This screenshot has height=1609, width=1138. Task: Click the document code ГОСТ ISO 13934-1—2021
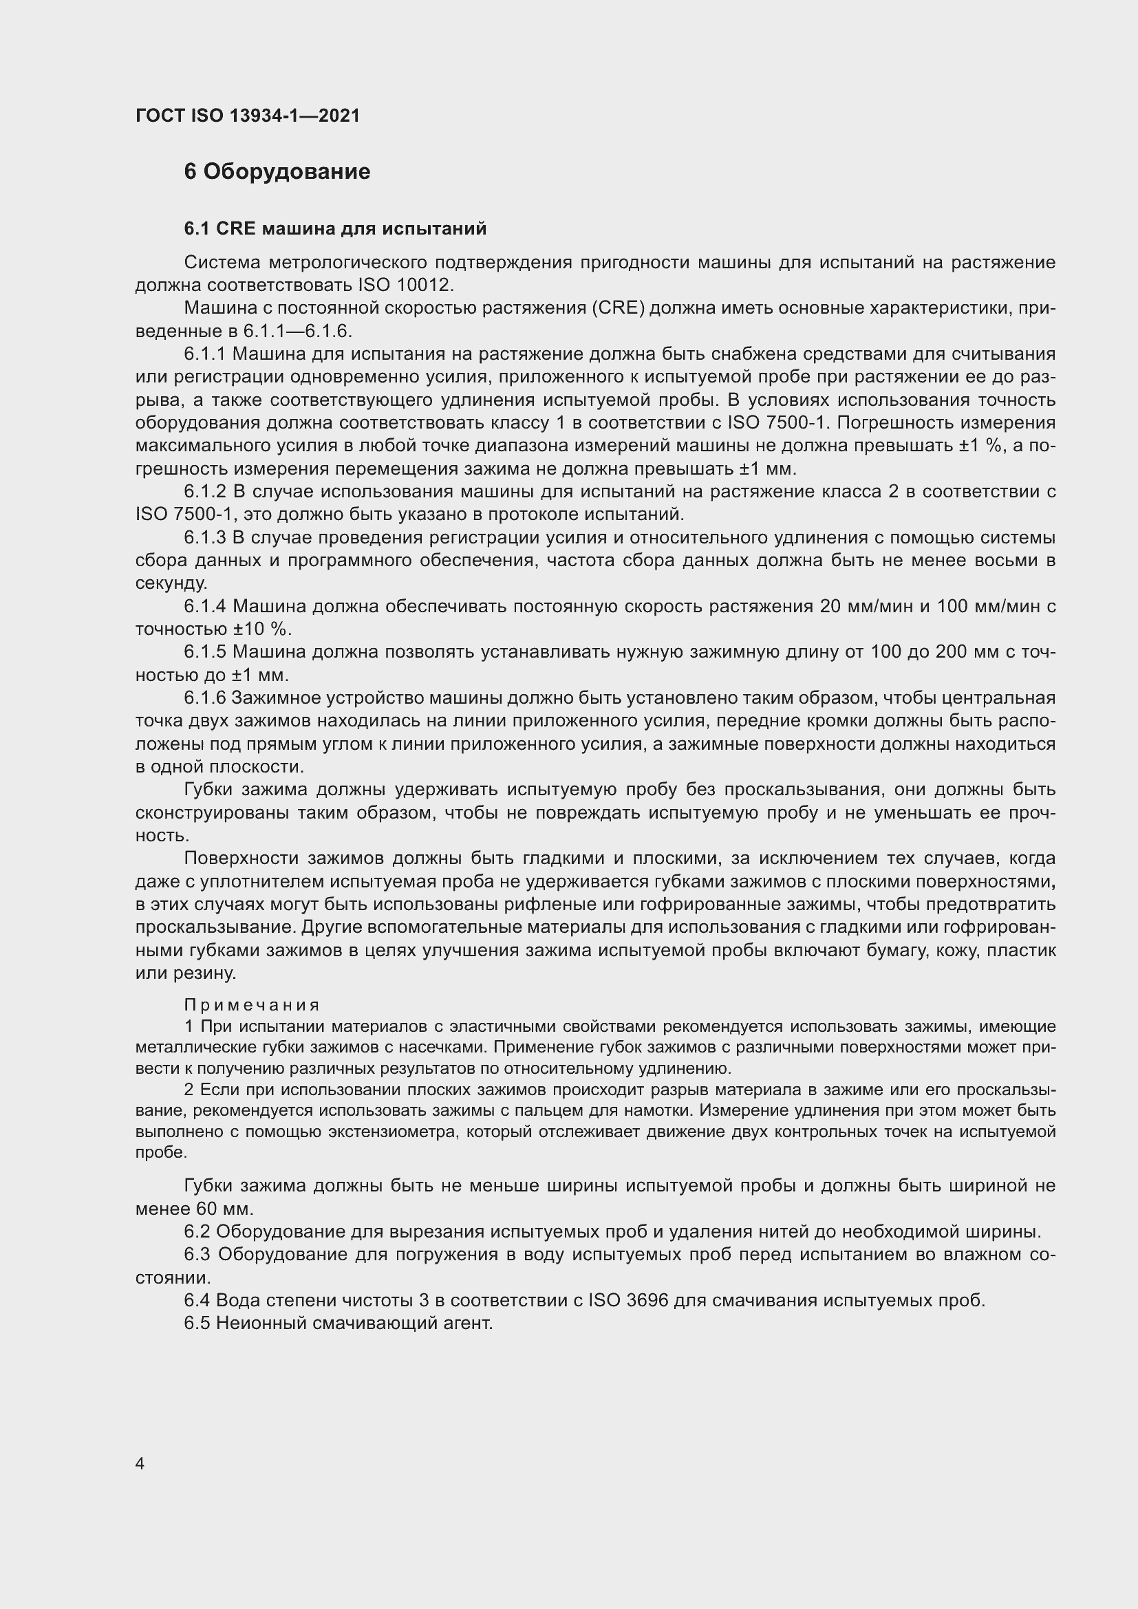tap(248, 116)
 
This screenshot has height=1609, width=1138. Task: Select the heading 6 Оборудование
tap(277, 172)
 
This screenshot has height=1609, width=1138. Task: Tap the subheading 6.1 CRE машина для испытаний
tap(335, 228)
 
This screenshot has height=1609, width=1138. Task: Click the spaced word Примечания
tap(252, 1005)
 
